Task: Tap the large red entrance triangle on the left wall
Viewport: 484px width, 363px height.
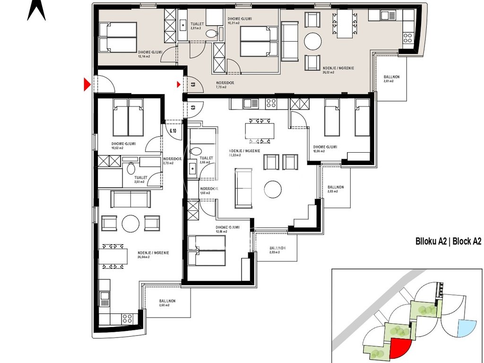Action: [86, 85]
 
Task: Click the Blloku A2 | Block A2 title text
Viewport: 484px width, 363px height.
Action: [448, 242]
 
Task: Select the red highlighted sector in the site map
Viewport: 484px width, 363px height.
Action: [400, 348]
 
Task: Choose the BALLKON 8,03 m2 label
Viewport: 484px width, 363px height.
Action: [336, 189]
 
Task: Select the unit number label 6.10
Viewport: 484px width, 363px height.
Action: [173, 131]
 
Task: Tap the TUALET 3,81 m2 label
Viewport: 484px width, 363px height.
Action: [197, 26]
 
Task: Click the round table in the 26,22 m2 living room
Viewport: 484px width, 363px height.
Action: [312, 41]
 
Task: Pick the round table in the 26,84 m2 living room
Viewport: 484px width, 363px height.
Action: [130, 223]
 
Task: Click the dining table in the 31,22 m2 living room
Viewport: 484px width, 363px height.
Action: [259, 130]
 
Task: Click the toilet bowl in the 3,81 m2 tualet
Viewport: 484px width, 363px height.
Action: [213, 34]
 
